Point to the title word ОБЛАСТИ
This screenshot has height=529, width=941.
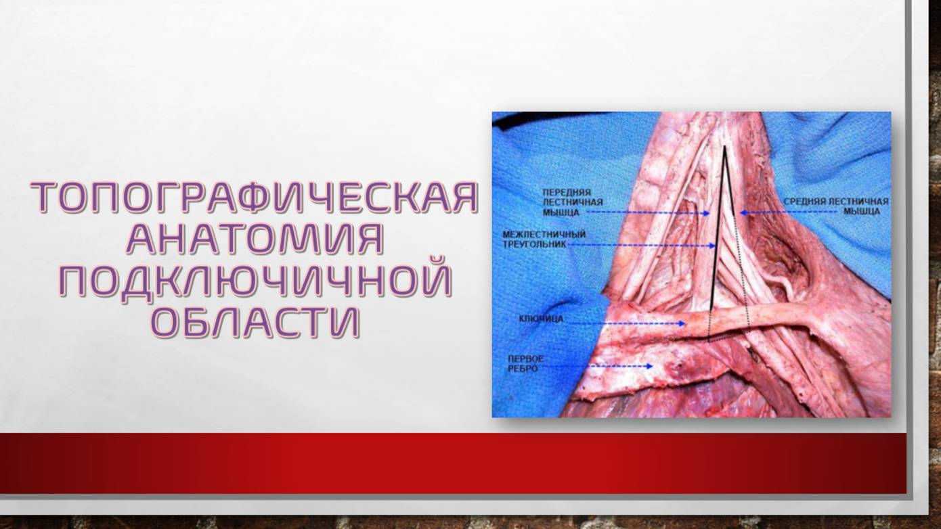coord(255,323)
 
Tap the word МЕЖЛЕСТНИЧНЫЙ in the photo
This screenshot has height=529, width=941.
coord(544,234)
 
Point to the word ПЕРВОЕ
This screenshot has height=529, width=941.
coord(526,358)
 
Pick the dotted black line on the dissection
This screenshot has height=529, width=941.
coord(742,271)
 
